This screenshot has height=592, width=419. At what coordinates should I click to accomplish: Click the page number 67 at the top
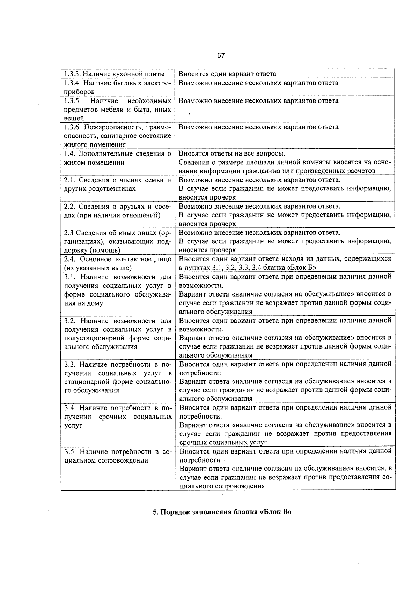coord(221,55)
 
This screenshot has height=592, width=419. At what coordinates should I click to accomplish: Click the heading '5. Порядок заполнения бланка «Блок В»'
coord(222,512)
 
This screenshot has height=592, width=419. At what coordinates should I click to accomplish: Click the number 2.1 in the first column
coord(69,180)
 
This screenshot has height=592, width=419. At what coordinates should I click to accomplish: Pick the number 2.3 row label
coord(68,233)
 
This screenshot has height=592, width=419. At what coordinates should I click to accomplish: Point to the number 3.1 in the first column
coord(69,277)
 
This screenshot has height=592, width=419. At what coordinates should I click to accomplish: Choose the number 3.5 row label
coord(69,452)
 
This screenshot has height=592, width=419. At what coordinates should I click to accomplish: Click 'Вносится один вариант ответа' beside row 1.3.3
coord(227,74)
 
